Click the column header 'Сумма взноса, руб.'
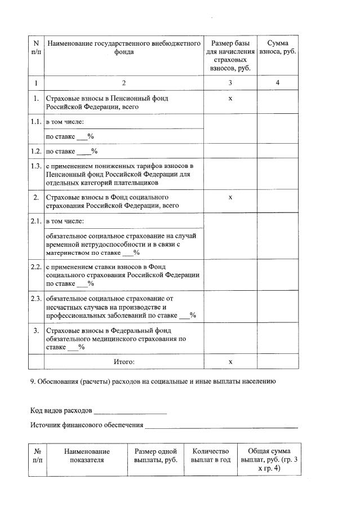point(278,47)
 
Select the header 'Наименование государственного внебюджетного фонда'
point(124,47)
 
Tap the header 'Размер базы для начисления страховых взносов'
point(230,56)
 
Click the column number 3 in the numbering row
point(230,83)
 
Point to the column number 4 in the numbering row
point(278,83)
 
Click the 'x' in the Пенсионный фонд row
point(230,99)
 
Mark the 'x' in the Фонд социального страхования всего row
point(230,198)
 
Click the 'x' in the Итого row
point(230,361)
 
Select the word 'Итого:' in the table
point(124,361)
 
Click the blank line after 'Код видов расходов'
point(130,410)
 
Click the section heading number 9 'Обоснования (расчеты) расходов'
point(153,382)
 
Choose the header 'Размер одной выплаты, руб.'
point(155,456)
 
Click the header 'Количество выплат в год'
point(211,456)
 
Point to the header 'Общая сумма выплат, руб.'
point(269,460)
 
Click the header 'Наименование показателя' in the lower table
point(87,456)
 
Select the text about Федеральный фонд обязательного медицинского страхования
point(116,339)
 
